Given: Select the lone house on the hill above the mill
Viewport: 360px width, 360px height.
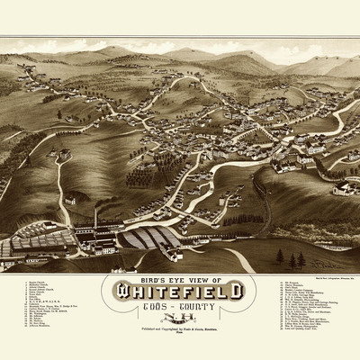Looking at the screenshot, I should coord(69,200).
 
